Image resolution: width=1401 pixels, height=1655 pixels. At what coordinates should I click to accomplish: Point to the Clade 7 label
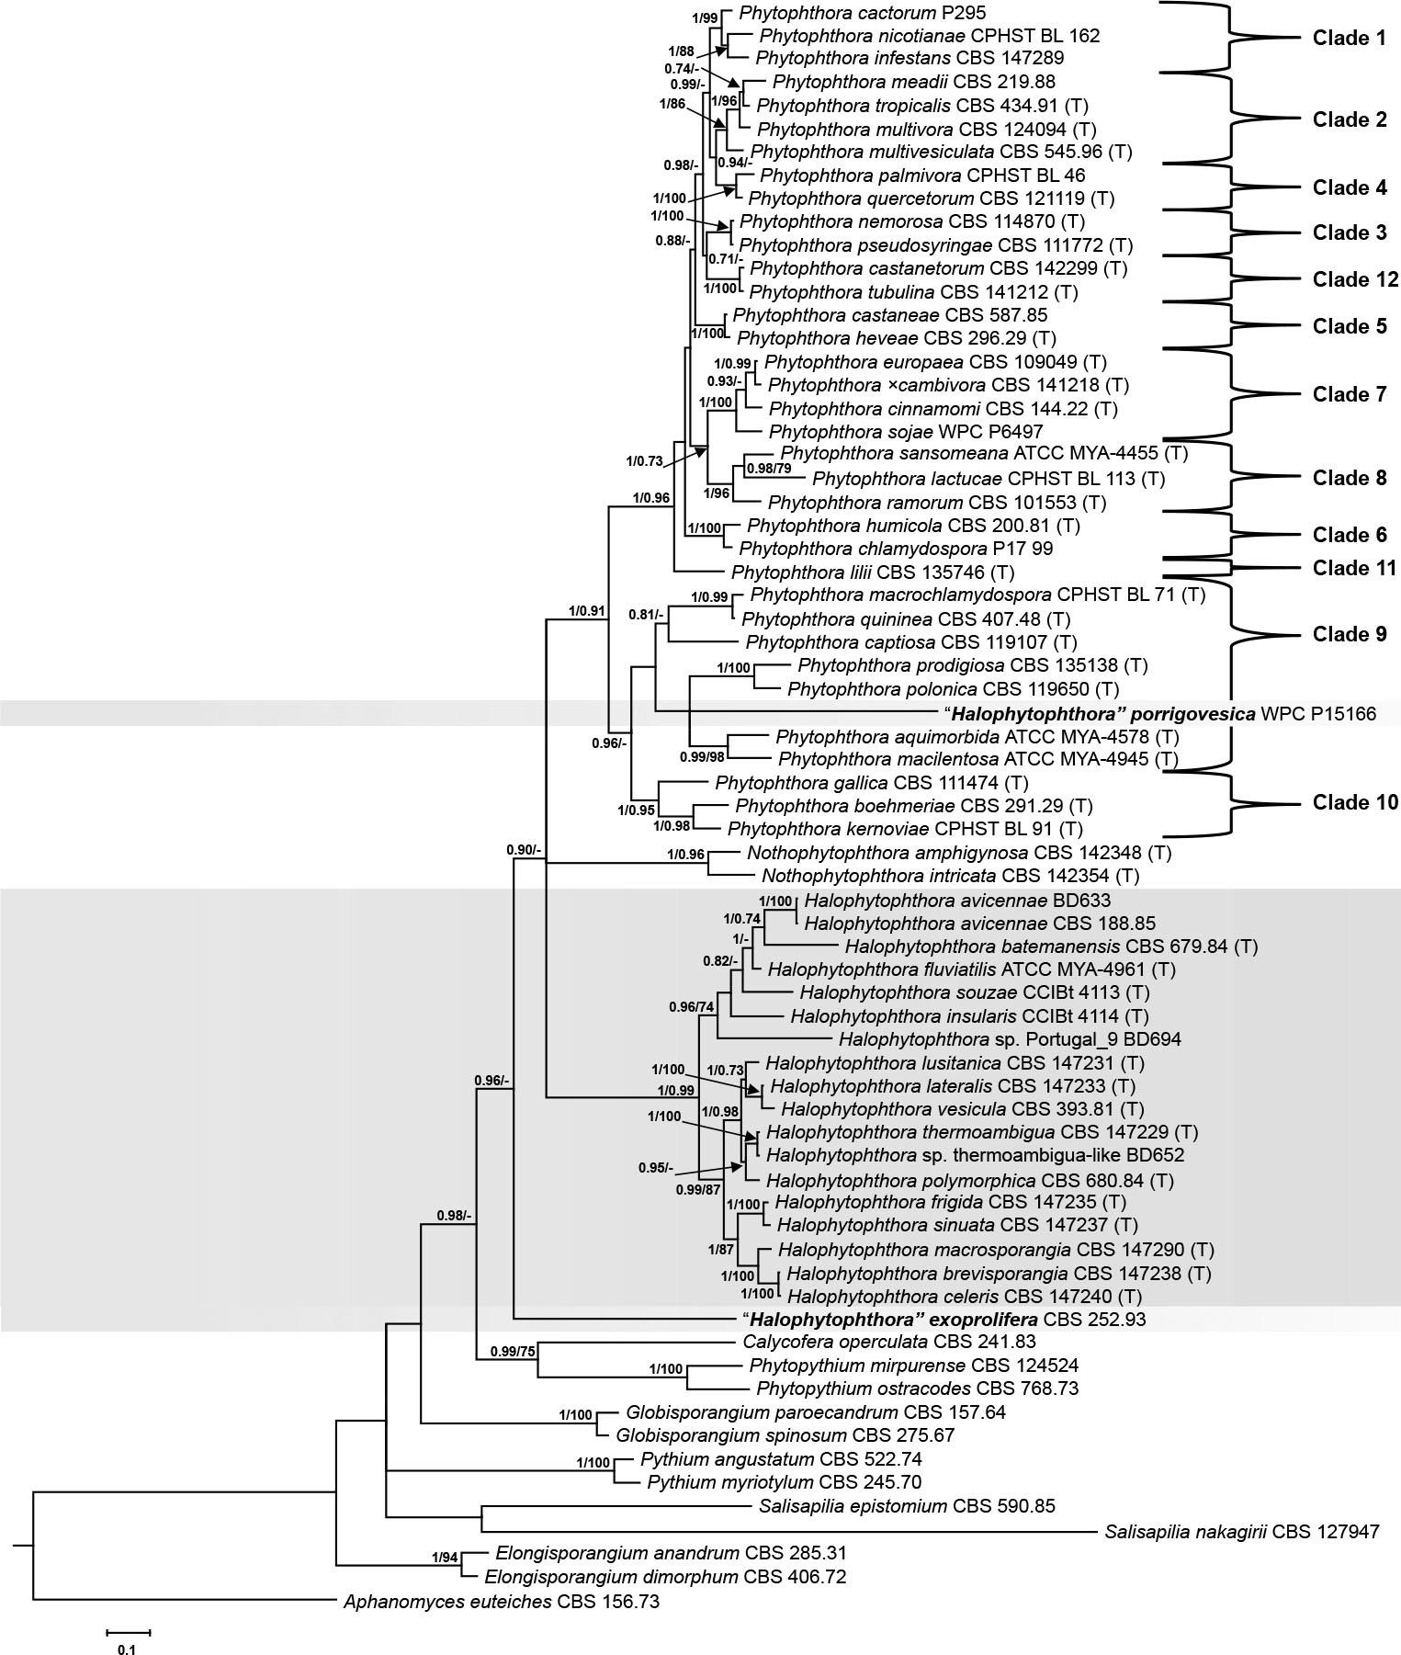tap(1349, 394)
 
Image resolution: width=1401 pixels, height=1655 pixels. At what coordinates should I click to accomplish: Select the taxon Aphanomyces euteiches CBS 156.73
tap(501, 1603)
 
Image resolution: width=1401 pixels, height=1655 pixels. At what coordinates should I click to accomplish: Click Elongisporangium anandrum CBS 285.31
tap(670, 1554)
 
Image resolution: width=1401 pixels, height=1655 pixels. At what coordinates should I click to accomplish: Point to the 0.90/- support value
tap(524, 849)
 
